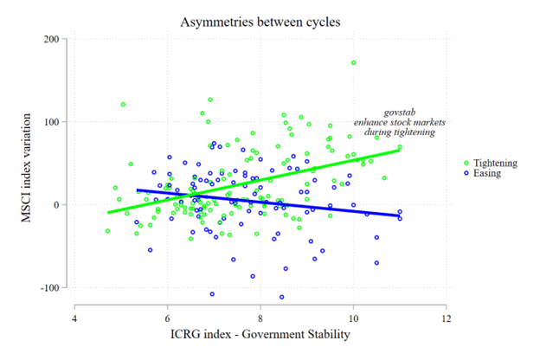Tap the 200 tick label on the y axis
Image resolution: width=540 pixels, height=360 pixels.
click(x=58, y=39)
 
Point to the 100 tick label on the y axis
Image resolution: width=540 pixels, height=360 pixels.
click(x=58, y=122)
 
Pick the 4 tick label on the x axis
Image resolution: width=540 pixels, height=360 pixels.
click(x=74, y=318)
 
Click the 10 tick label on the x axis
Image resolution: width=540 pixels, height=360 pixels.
click(x=353, y=318)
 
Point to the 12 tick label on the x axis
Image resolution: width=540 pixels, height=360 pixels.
click(x=446, y=318)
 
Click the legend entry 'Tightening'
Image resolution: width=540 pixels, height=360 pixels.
click(x=497, y=162)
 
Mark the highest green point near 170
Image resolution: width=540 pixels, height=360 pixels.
click(x=353, y=62)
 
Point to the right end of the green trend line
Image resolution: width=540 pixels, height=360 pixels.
click(x=400, y=150)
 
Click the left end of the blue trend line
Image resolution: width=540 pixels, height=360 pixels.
click(x=138, y=190)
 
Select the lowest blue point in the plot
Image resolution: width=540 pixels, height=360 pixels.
click(x=282, y=297)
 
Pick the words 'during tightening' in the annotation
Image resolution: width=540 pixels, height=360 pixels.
click(x=399, y=133)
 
